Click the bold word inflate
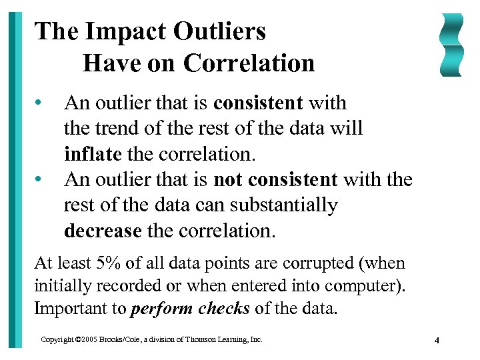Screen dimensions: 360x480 point(93,154)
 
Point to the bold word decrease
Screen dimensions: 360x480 point(103,231)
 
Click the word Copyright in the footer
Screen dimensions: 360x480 point(56,340)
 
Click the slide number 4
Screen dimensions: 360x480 point(437,341)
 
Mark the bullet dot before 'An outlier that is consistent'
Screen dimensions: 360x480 point(41,103)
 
